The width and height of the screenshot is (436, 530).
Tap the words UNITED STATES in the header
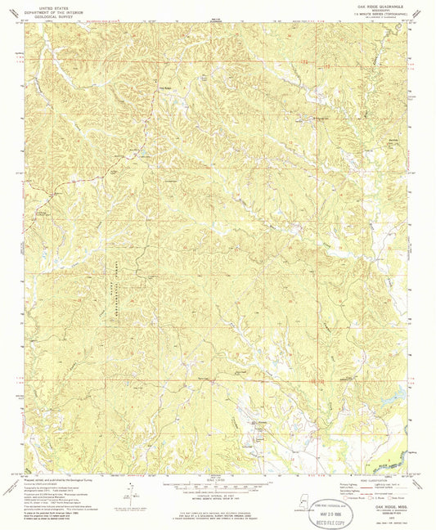click(47, 5)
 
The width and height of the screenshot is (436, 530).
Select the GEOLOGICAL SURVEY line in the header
click(47, 14)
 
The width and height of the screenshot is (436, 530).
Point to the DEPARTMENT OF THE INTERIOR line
click(47, 10)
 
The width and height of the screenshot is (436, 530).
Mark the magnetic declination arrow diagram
click(127, 489)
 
